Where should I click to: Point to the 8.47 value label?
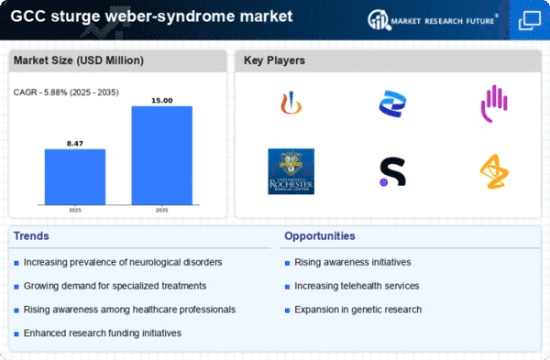75,142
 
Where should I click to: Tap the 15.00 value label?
161,100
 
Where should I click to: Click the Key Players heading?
275,60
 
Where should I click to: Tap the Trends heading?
31,236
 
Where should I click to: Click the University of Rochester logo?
291,171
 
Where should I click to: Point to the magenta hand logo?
494,103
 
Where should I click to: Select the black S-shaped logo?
392,171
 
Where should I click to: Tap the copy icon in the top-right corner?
530,18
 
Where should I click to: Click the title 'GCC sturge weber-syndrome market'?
152,17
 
